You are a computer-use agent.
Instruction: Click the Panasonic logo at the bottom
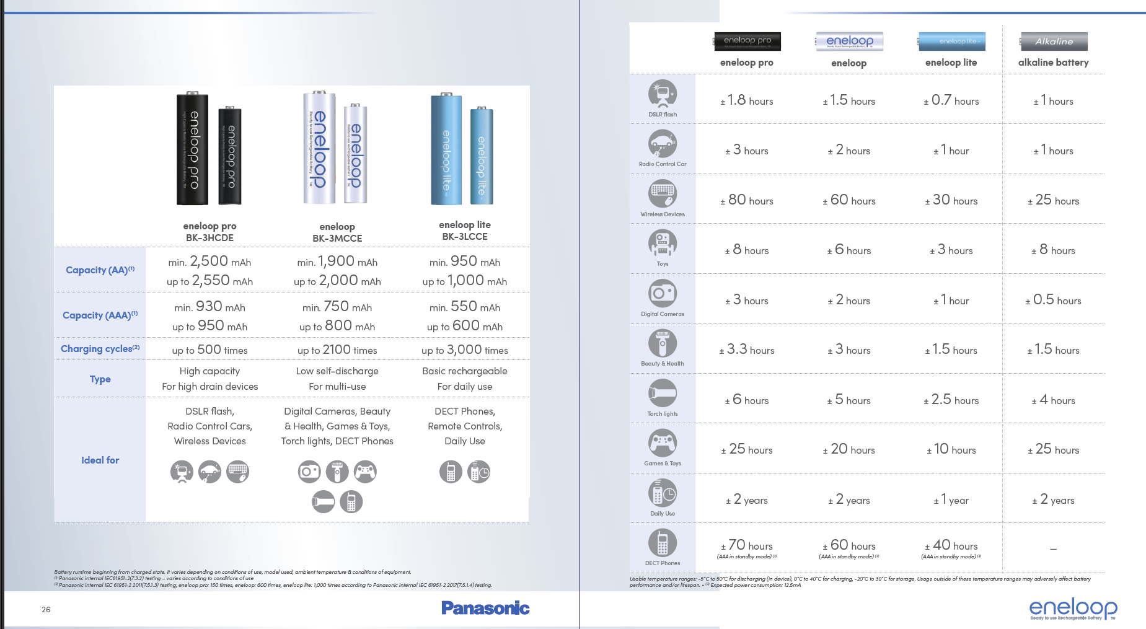(485, 608)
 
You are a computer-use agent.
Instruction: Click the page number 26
(46, 610)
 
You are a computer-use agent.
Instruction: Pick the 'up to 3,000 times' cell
(464, 350)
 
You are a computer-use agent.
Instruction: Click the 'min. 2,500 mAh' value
(209, 262)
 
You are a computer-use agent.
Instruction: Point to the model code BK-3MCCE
(337, 239)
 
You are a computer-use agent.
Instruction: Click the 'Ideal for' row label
(100, 460)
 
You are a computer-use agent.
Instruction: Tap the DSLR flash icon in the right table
(663, 94)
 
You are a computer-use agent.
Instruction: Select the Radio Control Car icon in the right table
(663, 144)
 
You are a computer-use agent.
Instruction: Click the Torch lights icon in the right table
(663, 394)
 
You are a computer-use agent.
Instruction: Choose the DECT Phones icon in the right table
(663, 543)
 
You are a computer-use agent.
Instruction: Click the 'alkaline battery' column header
(1053, 63)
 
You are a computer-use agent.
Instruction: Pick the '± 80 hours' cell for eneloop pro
(747, 200)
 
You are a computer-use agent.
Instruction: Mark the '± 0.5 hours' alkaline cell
(1053, 301)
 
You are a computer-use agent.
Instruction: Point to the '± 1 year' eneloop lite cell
(951, 500)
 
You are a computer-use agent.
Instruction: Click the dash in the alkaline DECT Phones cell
(1053, 548)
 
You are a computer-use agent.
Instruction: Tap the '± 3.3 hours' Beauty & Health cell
(747, 350)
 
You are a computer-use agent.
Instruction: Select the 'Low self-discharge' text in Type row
(337, 371)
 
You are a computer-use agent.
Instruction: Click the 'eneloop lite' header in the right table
(951, 63)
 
